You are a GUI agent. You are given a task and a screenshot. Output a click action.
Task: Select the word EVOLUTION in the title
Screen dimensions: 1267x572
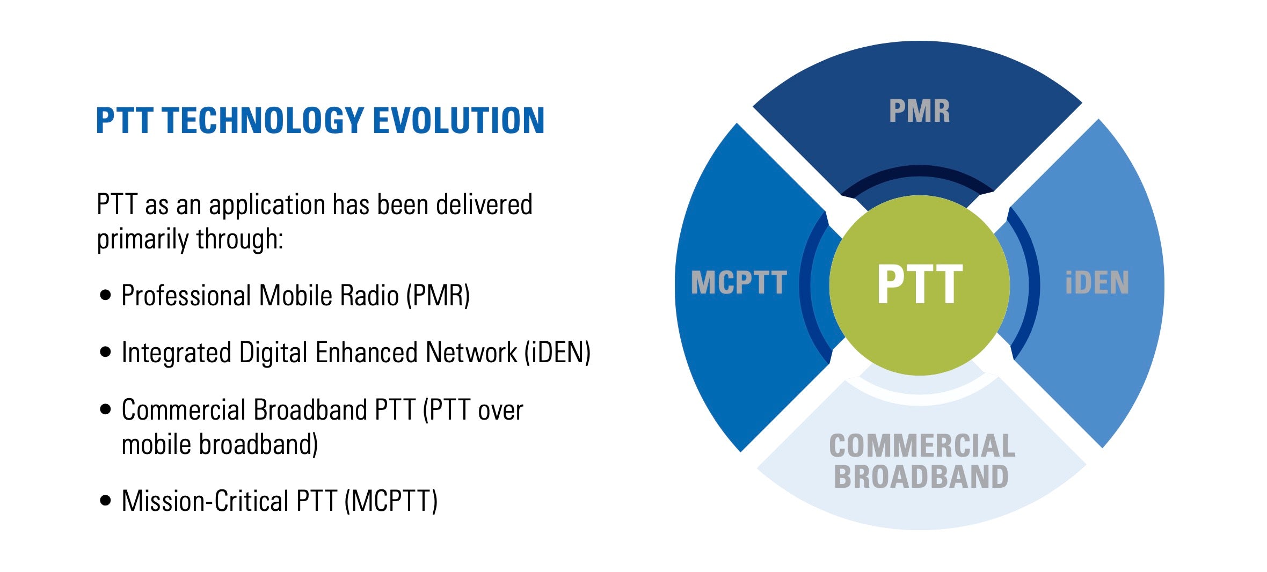(x=459, y=120)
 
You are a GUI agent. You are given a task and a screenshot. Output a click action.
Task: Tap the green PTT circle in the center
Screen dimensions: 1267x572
(x=919, y=285)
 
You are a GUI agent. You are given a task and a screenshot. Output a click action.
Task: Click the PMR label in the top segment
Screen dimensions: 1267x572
(x=919, y=111)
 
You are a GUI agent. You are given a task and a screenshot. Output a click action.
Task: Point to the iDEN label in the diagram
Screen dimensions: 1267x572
(x=1097, y=283)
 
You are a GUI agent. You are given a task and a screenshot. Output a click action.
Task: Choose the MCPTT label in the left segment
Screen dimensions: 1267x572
(x=739, y=283)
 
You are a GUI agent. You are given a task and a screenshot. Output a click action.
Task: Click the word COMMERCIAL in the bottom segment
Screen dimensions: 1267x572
(x=922, y=446)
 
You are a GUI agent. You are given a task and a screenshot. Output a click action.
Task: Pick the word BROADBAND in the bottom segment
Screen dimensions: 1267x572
(x=921, y=476)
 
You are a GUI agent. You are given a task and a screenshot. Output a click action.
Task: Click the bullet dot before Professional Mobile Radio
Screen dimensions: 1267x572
(x=106, y=295)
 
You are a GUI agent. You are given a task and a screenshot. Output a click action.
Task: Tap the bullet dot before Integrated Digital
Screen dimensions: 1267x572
(x=106, y=352)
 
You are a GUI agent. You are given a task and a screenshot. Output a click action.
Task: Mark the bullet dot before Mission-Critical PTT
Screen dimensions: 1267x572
(x=106, y=501)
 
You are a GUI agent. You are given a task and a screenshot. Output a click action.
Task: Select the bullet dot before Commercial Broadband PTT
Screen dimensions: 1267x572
(x=106, y=409)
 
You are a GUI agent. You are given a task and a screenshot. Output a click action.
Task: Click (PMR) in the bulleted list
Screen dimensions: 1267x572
(x=438, y=296)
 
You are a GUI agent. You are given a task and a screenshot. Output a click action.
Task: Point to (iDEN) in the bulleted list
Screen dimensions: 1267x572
(x=558, y=353)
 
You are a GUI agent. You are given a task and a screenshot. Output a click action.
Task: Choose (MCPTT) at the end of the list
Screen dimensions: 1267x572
(x=391, y=501)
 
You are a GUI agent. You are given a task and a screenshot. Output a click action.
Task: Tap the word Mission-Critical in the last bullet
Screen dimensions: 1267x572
(x=206, y=501)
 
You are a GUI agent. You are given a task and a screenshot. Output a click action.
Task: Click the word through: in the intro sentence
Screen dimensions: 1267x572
(x=239, y=239)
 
